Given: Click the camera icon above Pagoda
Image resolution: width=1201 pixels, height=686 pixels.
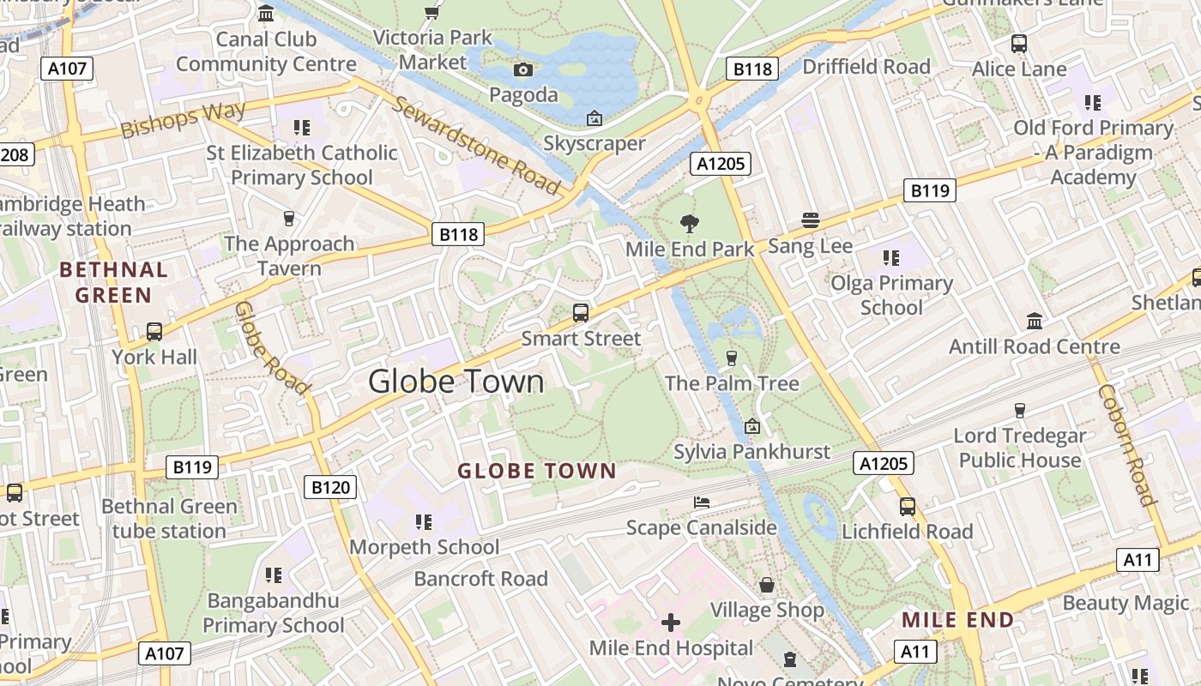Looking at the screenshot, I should [522, 69].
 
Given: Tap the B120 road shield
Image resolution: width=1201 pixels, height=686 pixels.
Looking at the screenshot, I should [330, 488].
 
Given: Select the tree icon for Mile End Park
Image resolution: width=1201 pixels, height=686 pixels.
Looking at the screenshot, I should [689, 224].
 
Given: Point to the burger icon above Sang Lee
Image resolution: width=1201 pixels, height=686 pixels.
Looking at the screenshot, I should [811, 220].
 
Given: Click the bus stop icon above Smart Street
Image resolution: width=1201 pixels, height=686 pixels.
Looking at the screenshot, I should [581, 313].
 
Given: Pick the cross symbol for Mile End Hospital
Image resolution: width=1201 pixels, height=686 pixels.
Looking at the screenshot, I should [671, 622].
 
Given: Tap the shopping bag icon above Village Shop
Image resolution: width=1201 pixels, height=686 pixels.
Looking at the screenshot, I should [767, 585].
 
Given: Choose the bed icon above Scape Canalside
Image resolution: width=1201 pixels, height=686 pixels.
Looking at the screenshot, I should [702, 502].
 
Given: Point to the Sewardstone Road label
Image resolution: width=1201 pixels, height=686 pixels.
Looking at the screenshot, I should [476, 145].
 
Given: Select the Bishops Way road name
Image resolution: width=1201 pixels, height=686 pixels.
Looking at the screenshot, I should [183, 119].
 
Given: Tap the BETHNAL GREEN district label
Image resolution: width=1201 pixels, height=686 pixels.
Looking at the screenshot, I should [113, 282].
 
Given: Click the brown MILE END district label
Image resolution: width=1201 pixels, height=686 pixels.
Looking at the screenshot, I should [958, 619].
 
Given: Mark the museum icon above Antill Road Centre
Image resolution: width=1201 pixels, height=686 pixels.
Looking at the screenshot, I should [1035, 321].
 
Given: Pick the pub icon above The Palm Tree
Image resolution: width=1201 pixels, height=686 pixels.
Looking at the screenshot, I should [732, 358].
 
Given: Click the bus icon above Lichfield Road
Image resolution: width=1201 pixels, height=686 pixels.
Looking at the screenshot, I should [908, 506].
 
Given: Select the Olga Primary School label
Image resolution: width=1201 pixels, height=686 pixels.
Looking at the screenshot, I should [891, 295].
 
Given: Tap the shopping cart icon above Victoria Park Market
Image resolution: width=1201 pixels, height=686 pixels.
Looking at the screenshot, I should [432, 12].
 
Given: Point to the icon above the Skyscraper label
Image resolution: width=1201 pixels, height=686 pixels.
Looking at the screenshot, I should [594, 118].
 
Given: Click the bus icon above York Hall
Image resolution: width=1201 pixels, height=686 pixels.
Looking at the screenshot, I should [154, 331].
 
